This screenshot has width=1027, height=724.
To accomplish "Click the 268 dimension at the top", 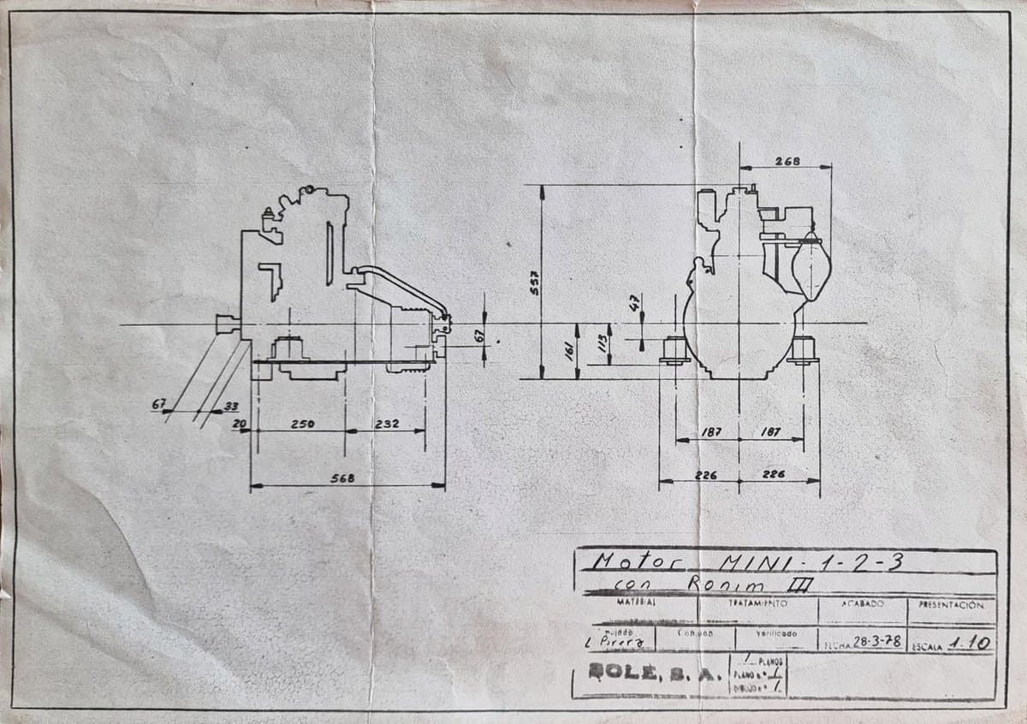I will click(787, 161).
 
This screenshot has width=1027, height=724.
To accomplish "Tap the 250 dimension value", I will click(301, 424).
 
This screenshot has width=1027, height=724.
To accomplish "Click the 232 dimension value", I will click(386, 424).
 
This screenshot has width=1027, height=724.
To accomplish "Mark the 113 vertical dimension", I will click(602, 345).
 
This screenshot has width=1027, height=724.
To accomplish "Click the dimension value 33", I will click(231, 406).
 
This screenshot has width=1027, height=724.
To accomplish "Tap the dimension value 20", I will click(240, 424).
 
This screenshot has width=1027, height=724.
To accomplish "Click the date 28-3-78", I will click(878, 642).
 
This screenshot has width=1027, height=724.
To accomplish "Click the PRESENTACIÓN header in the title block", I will click(951, 604).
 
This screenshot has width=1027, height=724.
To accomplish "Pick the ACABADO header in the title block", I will click(863, 604).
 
